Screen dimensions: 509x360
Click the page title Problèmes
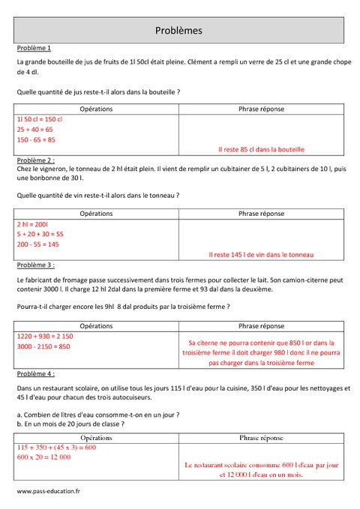178,31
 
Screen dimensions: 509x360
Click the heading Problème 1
34,47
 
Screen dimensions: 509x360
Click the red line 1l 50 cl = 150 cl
39,119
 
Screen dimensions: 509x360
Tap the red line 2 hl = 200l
32,224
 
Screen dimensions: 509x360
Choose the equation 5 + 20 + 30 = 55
40,234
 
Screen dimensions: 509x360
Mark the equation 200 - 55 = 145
38,244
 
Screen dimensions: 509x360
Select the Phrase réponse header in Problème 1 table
261,109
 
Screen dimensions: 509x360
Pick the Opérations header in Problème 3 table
96,326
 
